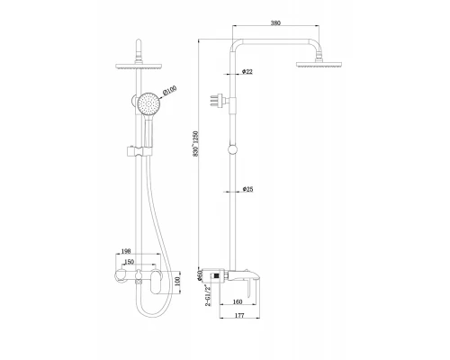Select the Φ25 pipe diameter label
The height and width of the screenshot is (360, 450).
click(247, 189)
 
